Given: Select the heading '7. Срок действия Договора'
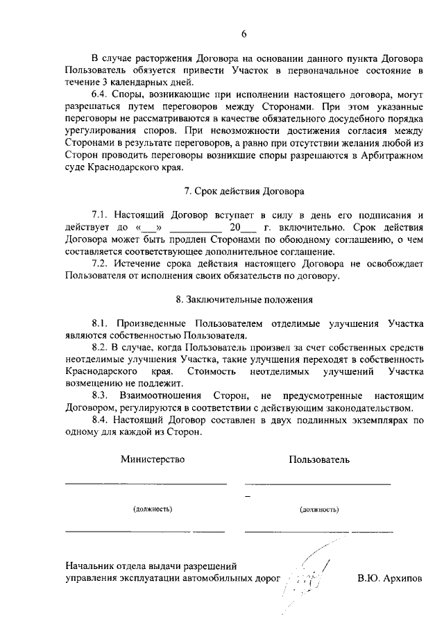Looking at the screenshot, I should coord(244,191).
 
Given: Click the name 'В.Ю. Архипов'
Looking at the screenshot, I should coord(389,577).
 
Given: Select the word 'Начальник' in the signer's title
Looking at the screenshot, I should coord(90,565).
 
